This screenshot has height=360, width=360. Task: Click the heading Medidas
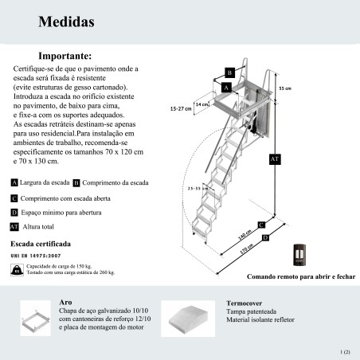(x=66, y=22)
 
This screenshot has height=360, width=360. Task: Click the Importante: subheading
(x=65, y=56)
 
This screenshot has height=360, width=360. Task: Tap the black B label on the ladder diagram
(x=229, y=72)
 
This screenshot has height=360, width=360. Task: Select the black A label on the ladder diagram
(x=226, y=88)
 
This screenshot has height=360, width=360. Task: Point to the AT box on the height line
(x=275, y=159)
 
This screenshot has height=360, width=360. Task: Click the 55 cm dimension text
(x=285, y=88)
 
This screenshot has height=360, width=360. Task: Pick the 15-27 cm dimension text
(x=181, y=108)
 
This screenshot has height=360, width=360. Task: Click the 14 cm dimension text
(x=202, y=104)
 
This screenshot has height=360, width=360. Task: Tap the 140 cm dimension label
(x=245, y=234)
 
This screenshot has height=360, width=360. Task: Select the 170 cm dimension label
(x=246, y=248)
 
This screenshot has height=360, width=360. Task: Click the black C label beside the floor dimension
(x=261, y=225)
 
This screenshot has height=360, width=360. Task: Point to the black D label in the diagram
(x=265, y=238)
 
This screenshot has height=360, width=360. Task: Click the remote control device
(x=299, y=255)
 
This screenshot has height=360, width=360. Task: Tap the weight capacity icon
(x=17, y=270)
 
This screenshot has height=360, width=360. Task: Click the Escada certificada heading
(x=41, y=244)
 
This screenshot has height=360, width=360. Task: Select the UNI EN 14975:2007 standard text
(x=36, y=256)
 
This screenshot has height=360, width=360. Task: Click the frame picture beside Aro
(x=36, y=318)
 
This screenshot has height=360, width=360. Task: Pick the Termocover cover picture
(x=188, y=319)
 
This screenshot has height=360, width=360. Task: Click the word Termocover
(x=244, y=303)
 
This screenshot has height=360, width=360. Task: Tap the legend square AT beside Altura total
(x=14, y=227)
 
